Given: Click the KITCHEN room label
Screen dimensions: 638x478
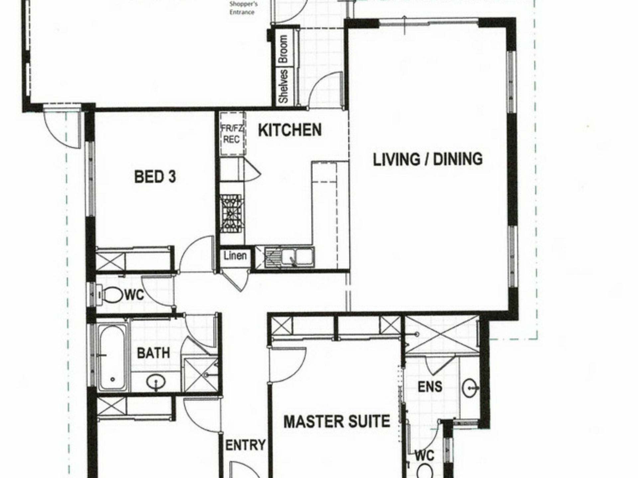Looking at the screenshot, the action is point(290,130).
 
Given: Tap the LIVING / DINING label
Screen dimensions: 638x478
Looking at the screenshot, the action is point(428,159).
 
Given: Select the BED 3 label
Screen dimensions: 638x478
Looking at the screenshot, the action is point(155,177).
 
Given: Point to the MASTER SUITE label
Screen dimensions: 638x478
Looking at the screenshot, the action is point(337,422).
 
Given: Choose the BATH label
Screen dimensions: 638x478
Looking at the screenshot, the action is point(154,353).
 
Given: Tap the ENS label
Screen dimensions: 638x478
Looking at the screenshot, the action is point(430,387).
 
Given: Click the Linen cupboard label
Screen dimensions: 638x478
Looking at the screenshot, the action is point(235,256).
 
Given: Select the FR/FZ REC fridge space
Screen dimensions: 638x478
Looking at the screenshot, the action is point(232,134).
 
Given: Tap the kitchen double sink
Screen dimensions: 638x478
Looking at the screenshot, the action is point(289,257).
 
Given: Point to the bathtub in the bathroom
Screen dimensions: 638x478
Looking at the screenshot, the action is point(112,357).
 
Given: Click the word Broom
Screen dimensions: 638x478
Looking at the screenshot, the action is point(283,49).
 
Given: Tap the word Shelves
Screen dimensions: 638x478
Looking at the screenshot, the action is point(283,86).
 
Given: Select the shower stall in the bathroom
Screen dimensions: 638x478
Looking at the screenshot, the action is point(200,375).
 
